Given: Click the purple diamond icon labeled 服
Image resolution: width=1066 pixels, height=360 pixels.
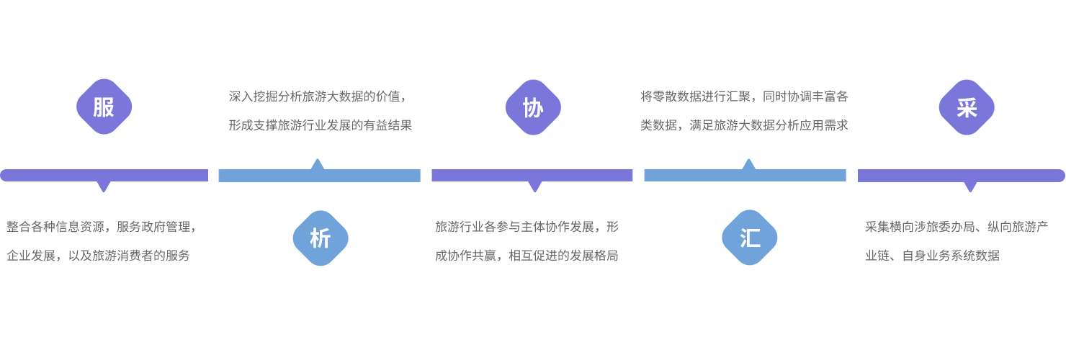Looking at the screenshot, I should click(x=104, y=107).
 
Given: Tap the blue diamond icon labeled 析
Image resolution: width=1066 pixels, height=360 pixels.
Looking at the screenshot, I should click(x=320, y=238).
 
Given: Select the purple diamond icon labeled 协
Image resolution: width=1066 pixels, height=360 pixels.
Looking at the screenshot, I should click(x=533, y=107).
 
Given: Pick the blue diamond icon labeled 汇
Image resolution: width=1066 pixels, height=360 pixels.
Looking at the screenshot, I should click(x=750, y=238).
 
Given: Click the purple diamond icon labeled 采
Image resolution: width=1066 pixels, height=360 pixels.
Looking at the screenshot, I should click(x=967, y=107).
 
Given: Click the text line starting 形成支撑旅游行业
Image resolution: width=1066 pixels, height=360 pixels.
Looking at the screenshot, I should click(x=321, y=125).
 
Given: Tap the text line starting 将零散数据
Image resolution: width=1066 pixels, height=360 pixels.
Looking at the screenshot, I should click(x=744, y=96).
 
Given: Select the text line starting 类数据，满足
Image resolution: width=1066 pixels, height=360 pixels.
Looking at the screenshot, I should click(x=744, y=125).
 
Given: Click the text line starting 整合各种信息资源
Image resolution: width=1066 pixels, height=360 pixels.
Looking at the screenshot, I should click(x=102, y=227).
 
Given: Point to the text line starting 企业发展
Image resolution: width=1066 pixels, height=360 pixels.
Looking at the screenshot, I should click(x=99, y=256).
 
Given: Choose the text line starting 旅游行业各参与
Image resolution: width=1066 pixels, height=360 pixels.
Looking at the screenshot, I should click(x=527, y=227).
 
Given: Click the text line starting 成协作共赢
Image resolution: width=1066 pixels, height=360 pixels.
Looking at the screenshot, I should click(x=527, y=256).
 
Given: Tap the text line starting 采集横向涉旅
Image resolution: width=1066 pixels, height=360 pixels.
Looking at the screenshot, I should click(x=957, y=227).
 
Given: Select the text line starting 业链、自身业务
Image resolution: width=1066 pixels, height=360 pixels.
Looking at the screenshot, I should click(x=932, y=256).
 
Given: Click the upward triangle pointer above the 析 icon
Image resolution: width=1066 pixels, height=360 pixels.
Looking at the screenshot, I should click(x=317, y=165).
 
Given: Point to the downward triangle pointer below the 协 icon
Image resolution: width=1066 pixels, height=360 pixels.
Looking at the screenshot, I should click(x=534, y=186).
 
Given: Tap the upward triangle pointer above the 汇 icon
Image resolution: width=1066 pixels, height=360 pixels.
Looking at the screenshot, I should click(x=748, y=165).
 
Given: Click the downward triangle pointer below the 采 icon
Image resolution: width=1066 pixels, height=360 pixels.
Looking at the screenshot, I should click(x=970, y=186).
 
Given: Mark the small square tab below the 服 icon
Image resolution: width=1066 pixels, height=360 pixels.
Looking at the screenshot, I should click(x=104, y=187).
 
